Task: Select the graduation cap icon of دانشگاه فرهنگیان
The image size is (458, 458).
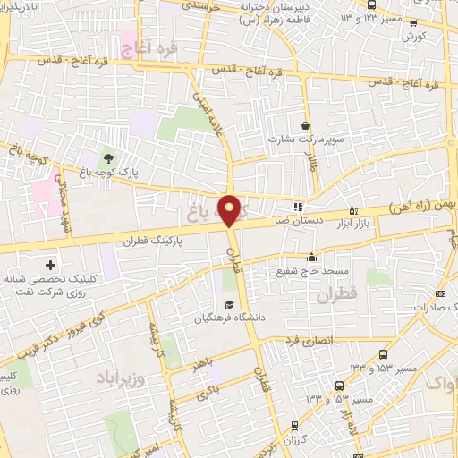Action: pos(229,305)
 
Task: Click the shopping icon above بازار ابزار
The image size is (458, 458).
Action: pos(352,210)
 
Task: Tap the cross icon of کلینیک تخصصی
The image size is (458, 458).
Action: pos(50,265)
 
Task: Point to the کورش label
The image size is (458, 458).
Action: pos(414,37)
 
